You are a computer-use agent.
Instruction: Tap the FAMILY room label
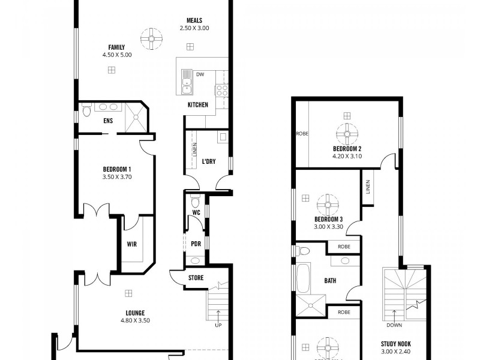pos(116,47)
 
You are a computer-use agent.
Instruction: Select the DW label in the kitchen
pos(200,74)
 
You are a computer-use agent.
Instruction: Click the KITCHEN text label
pos(197,105)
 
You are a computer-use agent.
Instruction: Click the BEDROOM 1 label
pos(117,169)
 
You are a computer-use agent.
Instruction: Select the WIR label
pos(132,244)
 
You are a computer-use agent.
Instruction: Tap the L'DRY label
pos(209,161)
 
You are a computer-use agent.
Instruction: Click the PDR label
pos(196,244)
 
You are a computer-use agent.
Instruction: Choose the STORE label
pos(196,278)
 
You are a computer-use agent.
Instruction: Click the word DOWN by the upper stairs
pos(395,326)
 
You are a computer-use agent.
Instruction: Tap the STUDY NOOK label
pos(395,344)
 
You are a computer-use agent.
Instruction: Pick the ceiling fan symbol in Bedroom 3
pos(328,204)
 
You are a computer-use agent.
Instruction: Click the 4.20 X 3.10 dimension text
pos(347,156)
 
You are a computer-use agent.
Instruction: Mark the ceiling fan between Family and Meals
pos(152,38)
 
